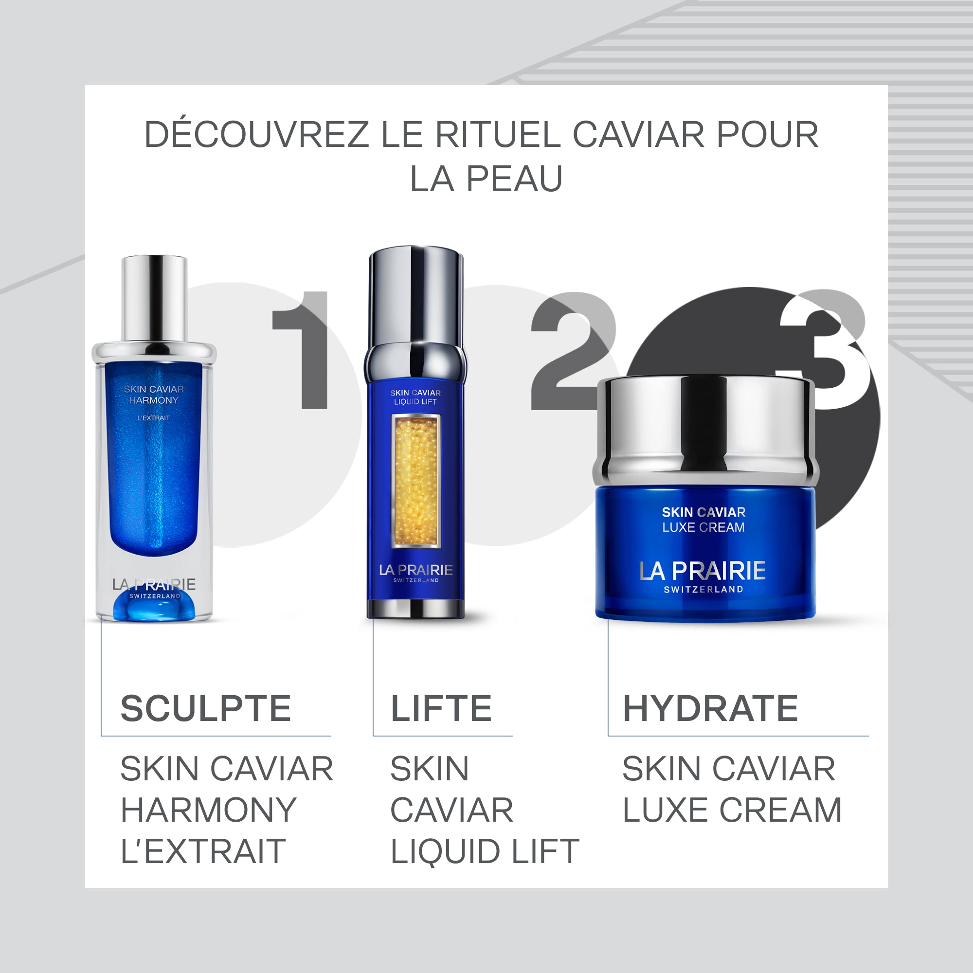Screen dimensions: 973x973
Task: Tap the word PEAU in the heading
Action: coord(514,179)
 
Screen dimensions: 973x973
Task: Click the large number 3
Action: coord(826,347)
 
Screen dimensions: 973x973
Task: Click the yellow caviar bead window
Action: coord(416,481)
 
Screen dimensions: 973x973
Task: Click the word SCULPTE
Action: coord(205,709)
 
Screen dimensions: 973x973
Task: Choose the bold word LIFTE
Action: coord(441,709)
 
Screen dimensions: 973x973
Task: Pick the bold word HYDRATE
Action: coord(710,709)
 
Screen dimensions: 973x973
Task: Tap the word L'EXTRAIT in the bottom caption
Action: coord(203,851)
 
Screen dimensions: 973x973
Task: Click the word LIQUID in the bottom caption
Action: coord(444,851)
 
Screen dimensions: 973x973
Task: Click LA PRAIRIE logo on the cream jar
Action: coord(703,571)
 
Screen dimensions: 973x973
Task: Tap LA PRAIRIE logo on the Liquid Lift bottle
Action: coord(416,570)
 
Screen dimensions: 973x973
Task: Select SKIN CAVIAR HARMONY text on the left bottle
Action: coord(154,395)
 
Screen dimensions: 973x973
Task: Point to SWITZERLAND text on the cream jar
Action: coord(703,589)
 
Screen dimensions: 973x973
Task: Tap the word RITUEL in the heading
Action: coord(498,134)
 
